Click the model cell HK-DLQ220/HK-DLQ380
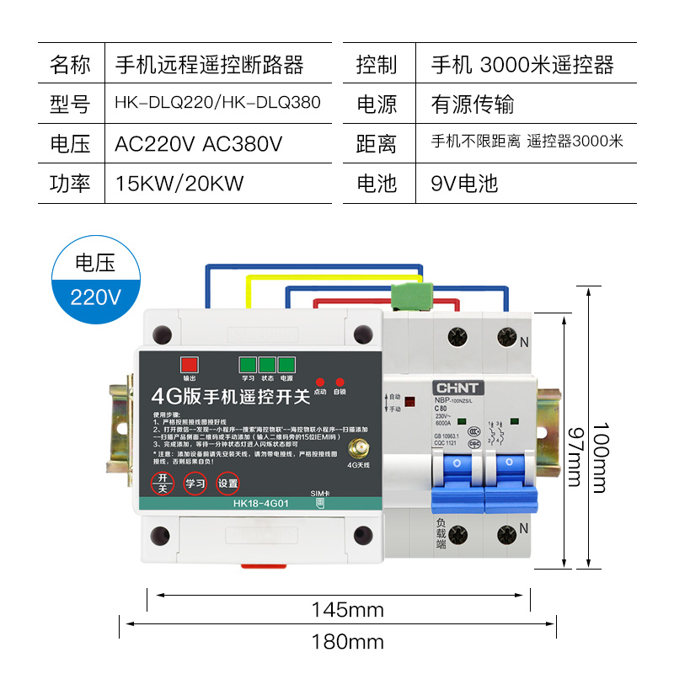point(217,104)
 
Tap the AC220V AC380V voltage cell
point(198,143)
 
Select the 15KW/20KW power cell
point(179,183)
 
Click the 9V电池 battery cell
point(464,183)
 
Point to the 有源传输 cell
point(472,104)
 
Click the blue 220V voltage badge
point(96,296)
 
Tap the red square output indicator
point(189,365)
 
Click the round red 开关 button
point(163,484)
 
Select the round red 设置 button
point(227,484)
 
